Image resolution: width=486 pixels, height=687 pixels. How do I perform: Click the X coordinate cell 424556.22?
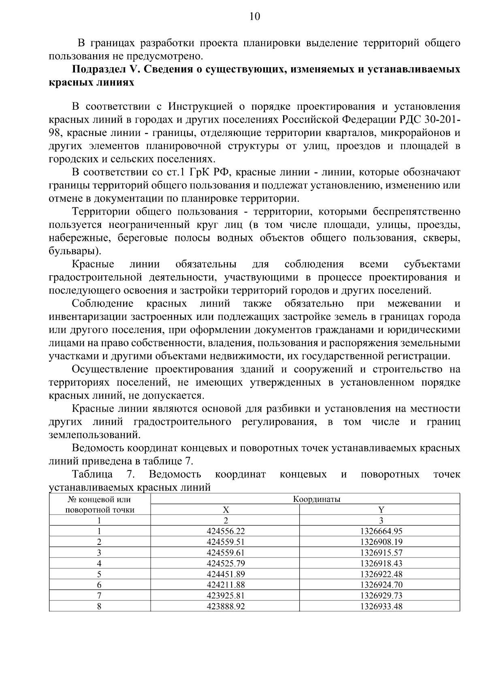(225, 531)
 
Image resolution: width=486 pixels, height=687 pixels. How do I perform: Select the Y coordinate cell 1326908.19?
(381, 542)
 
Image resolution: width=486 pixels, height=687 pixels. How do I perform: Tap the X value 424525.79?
(225, 564)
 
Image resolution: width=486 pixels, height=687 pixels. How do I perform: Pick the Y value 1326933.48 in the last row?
(381, 606)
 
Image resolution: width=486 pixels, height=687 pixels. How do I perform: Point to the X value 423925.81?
(225, 596)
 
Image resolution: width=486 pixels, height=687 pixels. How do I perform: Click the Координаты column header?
(316, 499)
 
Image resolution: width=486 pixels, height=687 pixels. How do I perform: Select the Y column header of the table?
(381, 510)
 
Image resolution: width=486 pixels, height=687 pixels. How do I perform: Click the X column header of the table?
(226, 510)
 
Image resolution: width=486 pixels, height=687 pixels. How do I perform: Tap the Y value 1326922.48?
(381, 574)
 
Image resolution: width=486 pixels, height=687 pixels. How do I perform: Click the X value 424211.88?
(225, 585)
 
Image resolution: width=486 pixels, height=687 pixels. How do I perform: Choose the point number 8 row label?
(99, 606)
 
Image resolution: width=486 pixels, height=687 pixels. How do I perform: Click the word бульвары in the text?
(73, 251)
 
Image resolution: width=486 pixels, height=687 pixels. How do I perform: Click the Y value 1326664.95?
(381, 531)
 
